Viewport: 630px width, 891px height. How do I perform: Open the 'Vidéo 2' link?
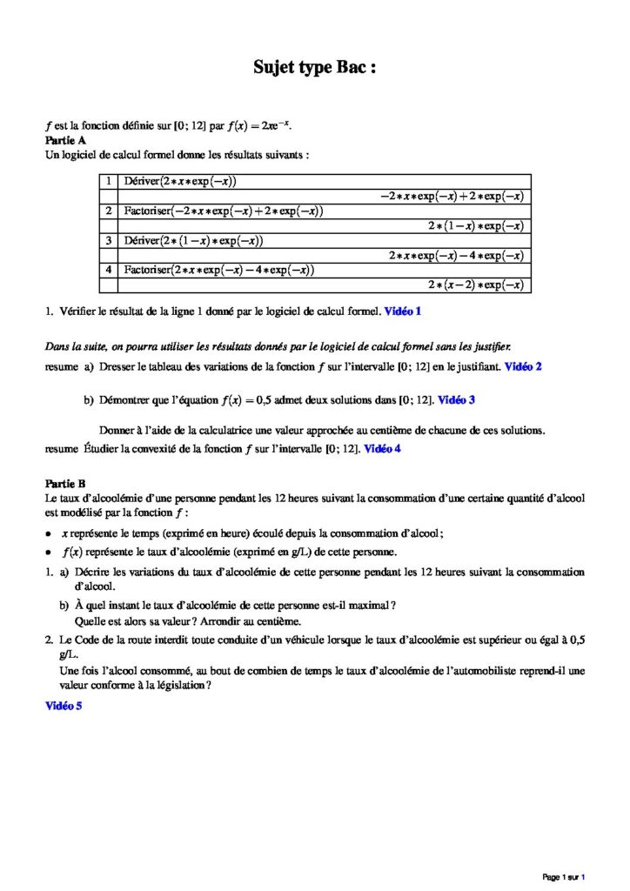(523, 367)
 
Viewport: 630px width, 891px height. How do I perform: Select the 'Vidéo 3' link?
(456, 400)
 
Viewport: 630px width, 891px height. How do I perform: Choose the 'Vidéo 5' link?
(64, 707)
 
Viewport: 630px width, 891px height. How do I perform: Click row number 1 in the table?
(108, 181)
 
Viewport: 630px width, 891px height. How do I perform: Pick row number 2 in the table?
(108, 211)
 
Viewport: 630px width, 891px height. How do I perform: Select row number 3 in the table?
(108, 240)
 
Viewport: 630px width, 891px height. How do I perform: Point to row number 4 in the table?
(108, 270)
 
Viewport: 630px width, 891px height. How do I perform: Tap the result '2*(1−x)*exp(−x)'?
(475, 225)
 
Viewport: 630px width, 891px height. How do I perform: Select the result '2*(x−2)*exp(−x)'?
(475, 285)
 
